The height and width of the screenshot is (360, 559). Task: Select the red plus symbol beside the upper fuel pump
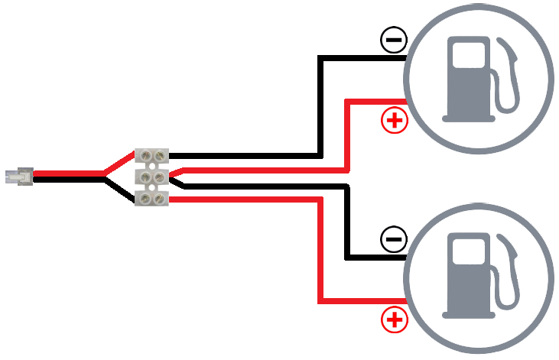click(395, 120)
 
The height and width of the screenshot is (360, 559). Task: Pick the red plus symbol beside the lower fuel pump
click(395, 320)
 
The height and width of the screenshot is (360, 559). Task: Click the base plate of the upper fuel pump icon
click(467, 118)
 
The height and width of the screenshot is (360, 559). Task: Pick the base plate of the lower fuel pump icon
click(467, 313)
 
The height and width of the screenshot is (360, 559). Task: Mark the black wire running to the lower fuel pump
click(348, 222)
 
